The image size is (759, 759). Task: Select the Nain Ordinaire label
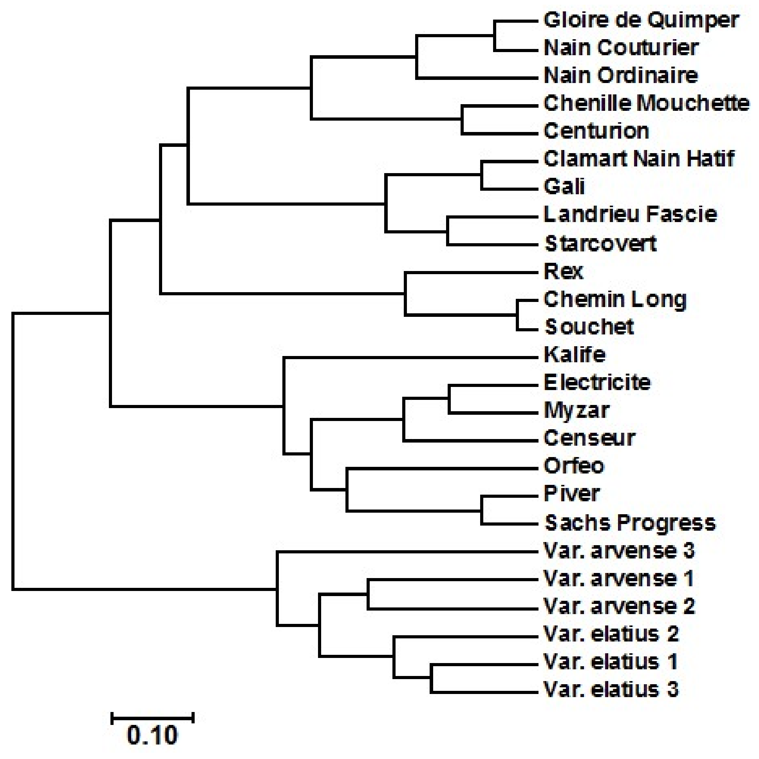(621, 76)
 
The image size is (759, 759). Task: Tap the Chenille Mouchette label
(647, 104)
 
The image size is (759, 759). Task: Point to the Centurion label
(596, 131)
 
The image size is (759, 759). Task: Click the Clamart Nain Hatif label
(639, 159)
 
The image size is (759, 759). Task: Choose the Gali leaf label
(564, 186)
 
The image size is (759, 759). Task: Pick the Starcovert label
(600, 244)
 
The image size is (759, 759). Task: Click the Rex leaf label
(563, 271)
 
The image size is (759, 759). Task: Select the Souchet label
(589, 327)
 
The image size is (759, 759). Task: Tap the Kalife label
(575, 355)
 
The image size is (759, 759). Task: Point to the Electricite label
(597, 383)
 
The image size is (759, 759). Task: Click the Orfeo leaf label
(574, 466)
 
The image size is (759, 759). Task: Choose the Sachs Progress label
(630, 523)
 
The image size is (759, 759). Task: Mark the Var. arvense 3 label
(619, 551)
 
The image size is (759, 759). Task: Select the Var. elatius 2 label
(611, 634)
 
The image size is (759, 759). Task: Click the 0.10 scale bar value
(152, 736)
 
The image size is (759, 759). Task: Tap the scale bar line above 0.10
(152, 718)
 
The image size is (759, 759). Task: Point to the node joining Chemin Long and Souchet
(517, 314)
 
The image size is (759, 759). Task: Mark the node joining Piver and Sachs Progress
(482, 510)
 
